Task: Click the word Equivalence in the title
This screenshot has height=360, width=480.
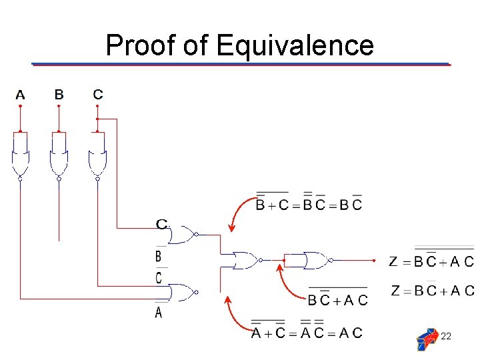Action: [x=295, y=45]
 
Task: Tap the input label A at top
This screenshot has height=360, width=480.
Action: [x=20, y=95]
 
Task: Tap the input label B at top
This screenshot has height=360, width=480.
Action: [x=59, y=95]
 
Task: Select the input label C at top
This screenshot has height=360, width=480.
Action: [x=98, y=95]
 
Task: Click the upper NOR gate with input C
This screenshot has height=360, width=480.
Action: [x=183, y=235]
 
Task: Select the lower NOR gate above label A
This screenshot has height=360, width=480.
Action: [x=183, y=292]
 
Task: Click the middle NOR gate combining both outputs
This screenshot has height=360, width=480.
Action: [x=245, y=261]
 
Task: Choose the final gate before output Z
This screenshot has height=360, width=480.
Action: [x=317, y=261]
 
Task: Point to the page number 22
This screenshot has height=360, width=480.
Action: [x=446, y=337]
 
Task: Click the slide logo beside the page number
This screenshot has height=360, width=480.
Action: [x=427, y=339]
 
